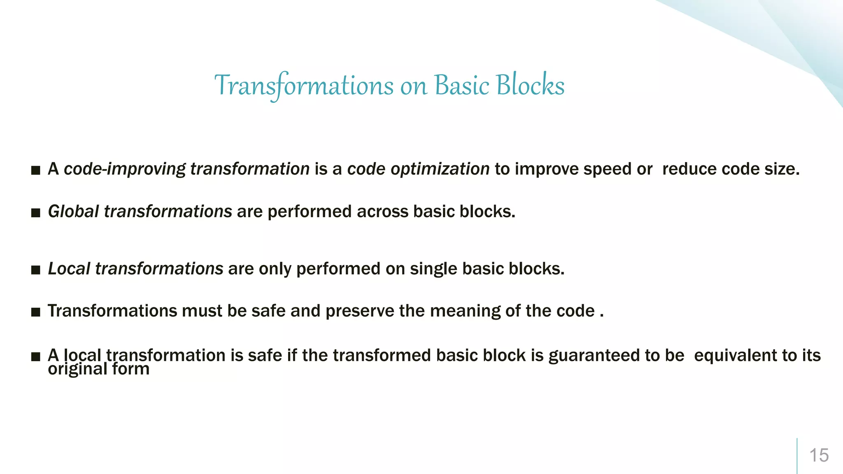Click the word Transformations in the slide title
tap(304, 86)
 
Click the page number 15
tap(819, 455)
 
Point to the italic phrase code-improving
tap(125, 169)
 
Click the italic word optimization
tap(440, 169)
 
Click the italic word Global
tap(73, 211)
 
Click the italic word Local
tap(69, 269)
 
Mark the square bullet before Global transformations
tap(36, 213)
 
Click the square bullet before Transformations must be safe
tap(36, 312)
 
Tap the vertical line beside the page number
tap(797, 455)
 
